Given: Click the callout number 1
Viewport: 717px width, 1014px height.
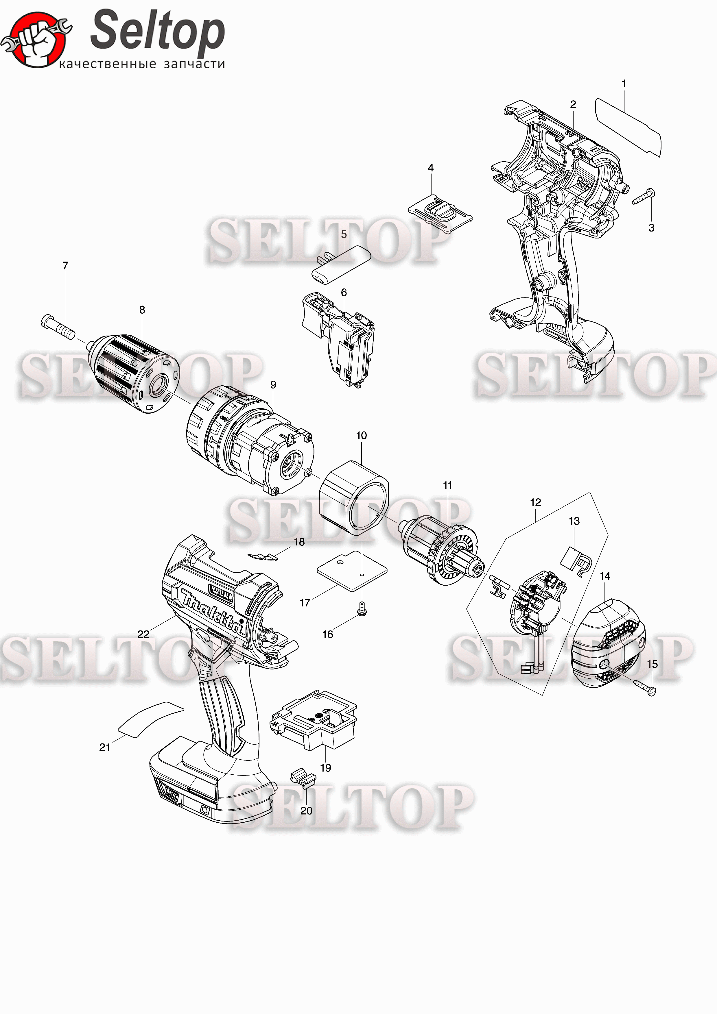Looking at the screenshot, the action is [624, 84].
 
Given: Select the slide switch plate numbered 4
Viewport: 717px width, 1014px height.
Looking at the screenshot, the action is [440, 212].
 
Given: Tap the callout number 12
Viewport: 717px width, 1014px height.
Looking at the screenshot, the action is [535, 502].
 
